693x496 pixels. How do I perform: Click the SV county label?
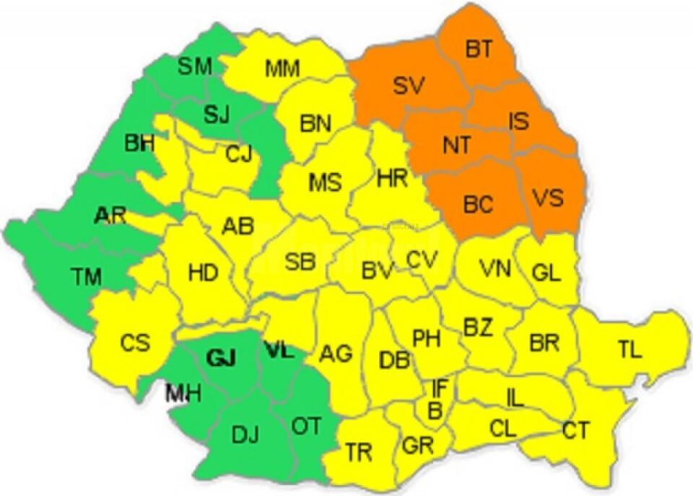(410, 86)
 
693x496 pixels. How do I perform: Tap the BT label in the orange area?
(478, 50)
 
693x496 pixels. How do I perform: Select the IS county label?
(518, 121)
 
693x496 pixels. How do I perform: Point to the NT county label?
(456, 145)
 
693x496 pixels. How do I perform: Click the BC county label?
(477, 204)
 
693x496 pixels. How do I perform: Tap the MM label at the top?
(282, 68)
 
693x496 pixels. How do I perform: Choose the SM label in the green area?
(195, 67)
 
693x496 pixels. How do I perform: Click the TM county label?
(87, 275)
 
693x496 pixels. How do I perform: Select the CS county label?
(135, 342)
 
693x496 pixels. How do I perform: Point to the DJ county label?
(245, 435)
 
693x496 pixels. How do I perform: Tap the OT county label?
(307, 426)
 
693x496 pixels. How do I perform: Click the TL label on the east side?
(629, 350)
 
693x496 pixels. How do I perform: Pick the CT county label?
(575, 431)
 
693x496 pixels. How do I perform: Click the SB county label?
(300, 262)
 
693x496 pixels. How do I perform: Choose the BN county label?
(315, 124)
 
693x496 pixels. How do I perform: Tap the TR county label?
(359, 453)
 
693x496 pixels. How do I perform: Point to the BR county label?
(544, 342)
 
